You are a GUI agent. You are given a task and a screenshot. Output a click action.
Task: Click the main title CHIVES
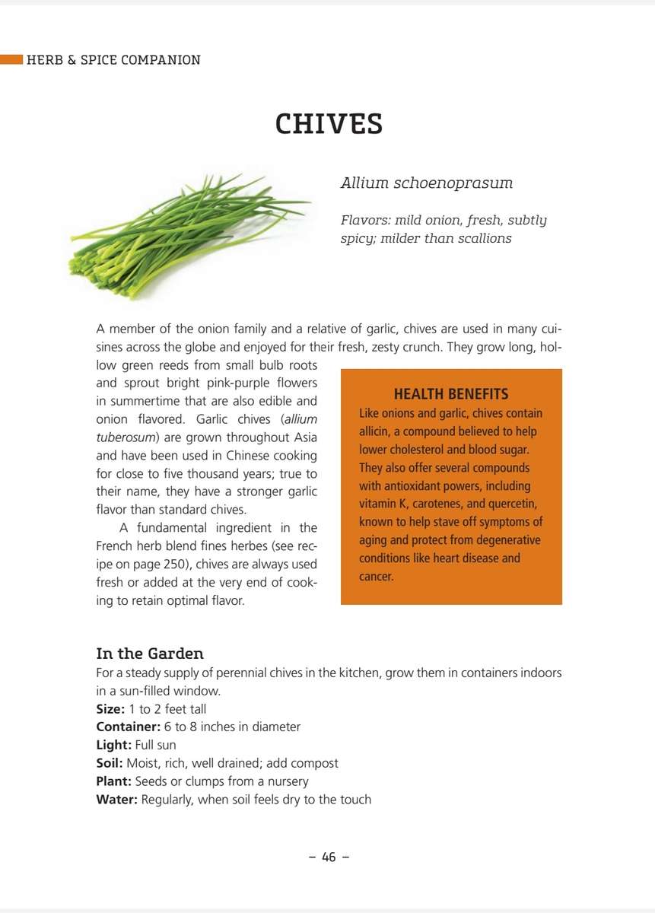pyautogui.click(x=329, y=123)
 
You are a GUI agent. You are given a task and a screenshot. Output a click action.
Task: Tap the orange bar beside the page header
pyautogui.click(x=11, y=59)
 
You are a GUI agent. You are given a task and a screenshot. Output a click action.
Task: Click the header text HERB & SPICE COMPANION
pyautogui.click(x=113, y=60)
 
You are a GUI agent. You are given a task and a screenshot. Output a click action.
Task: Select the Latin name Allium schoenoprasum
pyautogui.click(x=426, y=183)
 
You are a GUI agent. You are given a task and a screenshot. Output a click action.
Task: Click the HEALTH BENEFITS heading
pyautogui.click(x=451, y=394)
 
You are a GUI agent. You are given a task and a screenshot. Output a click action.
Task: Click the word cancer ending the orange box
pyautogui.click(x=376, y=577)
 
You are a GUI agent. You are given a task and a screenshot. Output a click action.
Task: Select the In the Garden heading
pyautogui.click(x=150, y=654)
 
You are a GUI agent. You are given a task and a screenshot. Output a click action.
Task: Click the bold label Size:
pyautogui.click(x=110, y=709)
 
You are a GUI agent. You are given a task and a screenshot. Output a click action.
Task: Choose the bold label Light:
pyautogui.click(x=113, y=745)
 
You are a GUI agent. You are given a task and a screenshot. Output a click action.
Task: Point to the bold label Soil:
pyautogui.click(x=110, y=763)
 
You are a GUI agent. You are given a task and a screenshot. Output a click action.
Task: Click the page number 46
pyautogui.click(x=329, y=857)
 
